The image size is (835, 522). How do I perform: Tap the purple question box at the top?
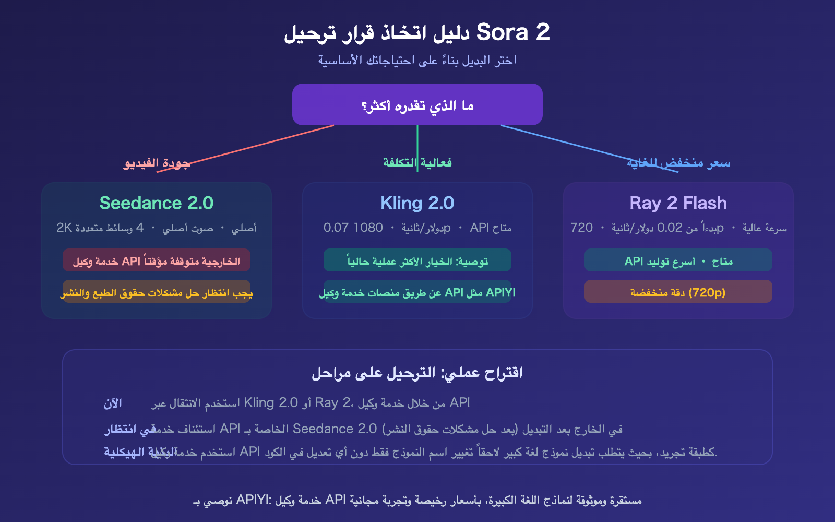pos(417,104)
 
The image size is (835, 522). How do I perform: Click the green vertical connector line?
pos(417,141)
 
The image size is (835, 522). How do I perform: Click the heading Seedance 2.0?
pos(157,203)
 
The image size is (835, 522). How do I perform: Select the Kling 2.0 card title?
pos(417,203)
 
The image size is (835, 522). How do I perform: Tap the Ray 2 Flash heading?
pos(678,203)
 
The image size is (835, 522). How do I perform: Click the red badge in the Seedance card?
pos(157,260)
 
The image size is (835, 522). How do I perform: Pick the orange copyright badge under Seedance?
pos(157,292)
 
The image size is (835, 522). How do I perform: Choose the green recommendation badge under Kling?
pos(417,260)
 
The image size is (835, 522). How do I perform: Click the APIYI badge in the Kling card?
pos(417,292)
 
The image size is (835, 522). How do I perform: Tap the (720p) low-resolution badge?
pos(678,292)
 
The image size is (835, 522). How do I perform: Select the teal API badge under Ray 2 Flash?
pos(678,260)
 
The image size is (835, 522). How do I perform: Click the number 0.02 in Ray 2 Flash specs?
pos(670,228)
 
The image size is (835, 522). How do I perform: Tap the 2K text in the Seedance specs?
pos(64,228)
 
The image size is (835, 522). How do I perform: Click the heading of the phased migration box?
pos(417,373)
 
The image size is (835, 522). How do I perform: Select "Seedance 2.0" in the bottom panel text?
pos(335,429)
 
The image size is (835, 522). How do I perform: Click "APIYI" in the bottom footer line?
pos(253,500)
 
